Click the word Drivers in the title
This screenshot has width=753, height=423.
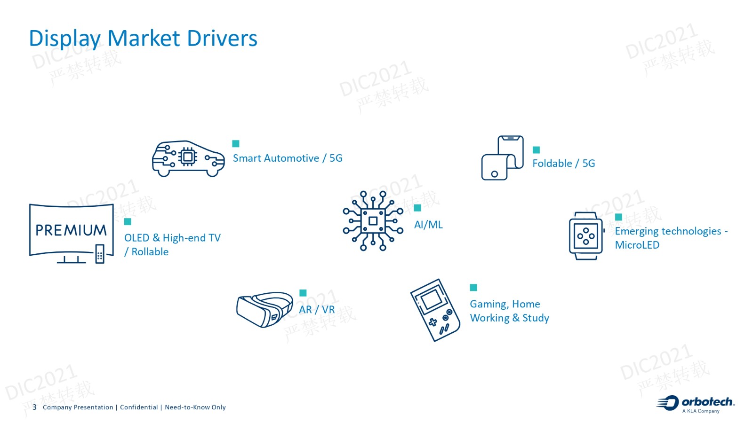click(x=222, y=38)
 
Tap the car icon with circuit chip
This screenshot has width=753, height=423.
click(x=188, y=158)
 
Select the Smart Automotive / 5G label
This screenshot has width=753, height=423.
click(x=288, y=158)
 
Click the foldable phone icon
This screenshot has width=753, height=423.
click(x=502, y=158)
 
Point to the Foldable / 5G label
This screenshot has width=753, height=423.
click(x=563, y=164)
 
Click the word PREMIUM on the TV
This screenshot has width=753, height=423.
click(x=71, y=230)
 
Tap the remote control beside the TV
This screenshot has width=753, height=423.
click(x=100, y=254)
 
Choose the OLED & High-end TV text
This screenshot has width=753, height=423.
click(x=172, y=238)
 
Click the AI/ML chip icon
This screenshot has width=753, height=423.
click(x=373, y=221)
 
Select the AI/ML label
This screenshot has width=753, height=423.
click(x=428, y=225)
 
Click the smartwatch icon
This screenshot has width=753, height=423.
click(x=586, y=235)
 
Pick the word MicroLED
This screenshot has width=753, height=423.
click(x=637, y=245)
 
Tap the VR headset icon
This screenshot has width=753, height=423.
click(x=264, y=310)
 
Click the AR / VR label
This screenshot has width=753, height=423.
click(x=317, y=310)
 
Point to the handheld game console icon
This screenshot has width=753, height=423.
click(x=435, y=310)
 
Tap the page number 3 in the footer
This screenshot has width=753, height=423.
click(x=34, y=407)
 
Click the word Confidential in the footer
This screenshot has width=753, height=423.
click(x=139, y=407)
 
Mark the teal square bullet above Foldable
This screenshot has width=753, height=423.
click(x=536, y=150)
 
